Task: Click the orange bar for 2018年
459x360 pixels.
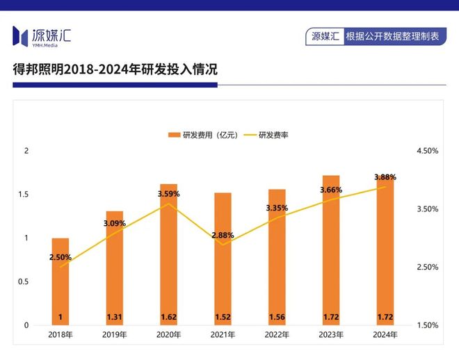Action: pyautogui.click(x=61, y=281)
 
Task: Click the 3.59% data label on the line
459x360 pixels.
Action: pyautogui.click(x=168, y=194)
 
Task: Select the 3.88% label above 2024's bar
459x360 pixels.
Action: pyautogui.click(x=385, y=177)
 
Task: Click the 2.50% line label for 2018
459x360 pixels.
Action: pyautogui.click(x=61, y=257)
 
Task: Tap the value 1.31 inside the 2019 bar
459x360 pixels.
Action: pyautogui.click(x=115, y=318)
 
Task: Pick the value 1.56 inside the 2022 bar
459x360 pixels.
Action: pyautogui.click(x=277, y=318)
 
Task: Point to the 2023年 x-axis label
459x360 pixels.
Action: pyautogui.click(x=331, y=335)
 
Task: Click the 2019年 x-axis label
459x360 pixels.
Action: pyautogui.click(x=115, y=335)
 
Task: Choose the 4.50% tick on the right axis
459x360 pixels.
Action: pyautogui.click(x=426, y=151)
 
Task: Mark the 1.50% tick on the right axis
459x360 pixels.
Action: pyautogui.click(x=426, y=325)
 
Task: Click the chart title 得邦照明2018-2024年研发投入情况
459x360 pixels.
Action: pyautogui.click(x=115, y=69)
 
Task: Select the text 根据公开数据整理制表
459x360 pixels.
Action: pyautogui.click(x=392, y=36)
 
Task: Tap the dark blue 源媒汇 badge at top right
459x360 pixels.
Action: pyautogui.click(x=325, y=36)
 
